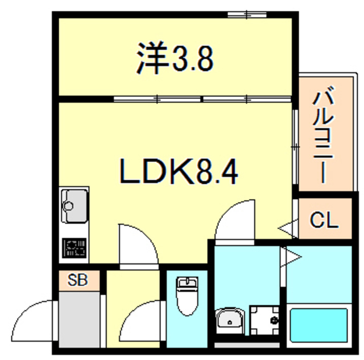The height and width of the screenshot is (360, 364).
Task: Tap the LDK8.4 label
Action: click(x=177, y=171)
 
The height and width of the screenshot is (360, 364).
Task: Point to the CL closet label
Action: click(x=325, y=220)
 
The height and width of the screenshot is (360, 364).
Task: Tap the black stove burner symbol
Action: click(x=74, y=248)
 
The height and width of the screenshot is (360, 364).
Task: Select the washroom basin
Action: click(x=230, y=320)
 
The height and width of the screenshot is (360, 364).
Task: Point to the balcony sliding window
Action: click(x=295, y=146)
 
